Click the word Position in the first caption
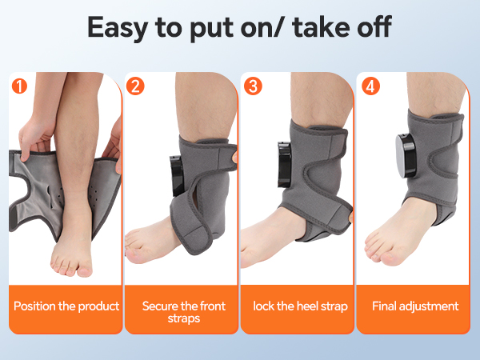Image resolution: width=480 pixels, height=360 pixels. point(38,306)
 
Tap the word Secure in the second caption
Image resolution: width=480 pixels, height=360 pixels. point(161,306)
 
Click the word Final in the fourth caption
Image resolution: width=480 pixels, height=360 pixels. point(386,306)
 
